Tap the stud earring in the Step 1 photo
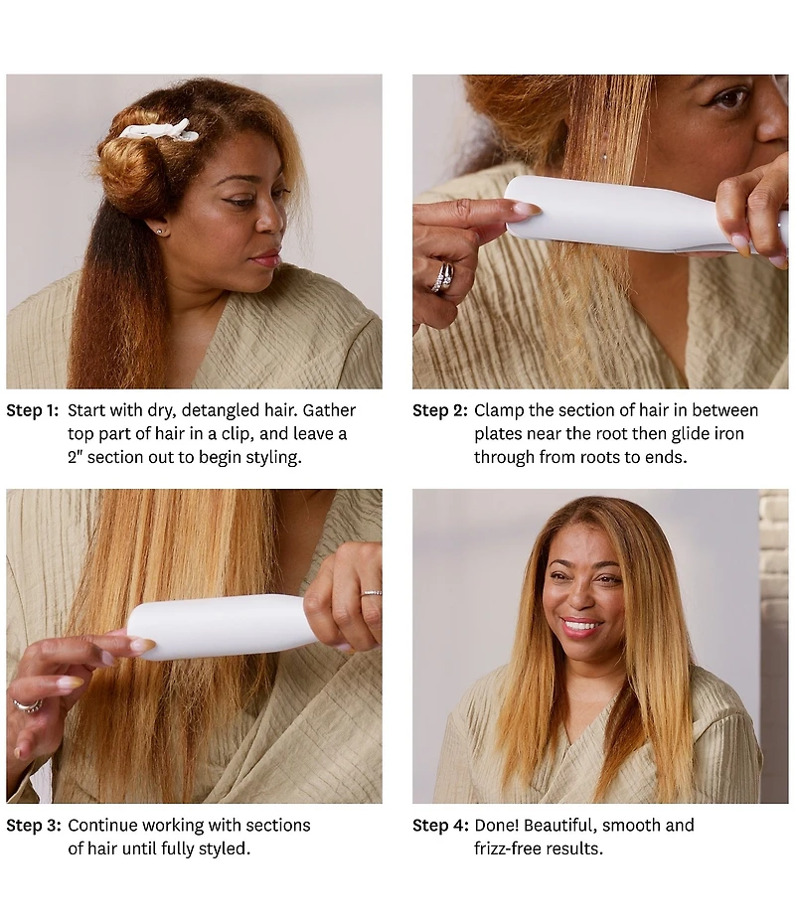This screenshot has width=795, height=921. (x=160, y=232)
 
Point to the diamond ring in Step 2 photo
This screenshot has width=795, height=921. (x=442, y=276)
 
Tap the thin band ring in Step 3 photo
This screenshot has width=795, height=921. (x=372, y=593)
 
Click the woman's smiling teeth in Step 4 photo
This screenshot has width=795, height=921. (x=580, y=625)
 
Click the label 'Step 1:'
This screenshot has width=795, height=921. (x=33, y=410)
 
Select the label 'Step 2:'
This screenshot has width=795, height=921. (x=439, y=410)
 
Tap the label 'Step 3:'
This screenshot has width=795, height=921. (x=34, y=826)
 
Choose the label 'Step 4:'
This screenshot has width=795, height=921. (x=440, y=826)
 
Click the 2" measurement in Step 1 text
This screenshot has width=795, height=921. (x=75, y=457)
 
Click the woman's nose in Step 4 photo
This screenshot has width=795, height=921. (x=580, y=596)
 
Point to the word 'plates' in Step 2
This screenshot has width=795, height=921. (x=497, y=434)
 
